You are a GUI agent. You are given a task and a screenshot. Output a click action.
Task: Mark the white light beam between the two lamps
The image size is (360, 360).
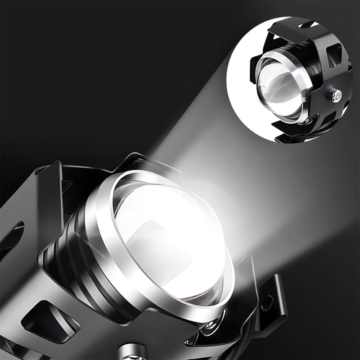click(216, 144)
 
